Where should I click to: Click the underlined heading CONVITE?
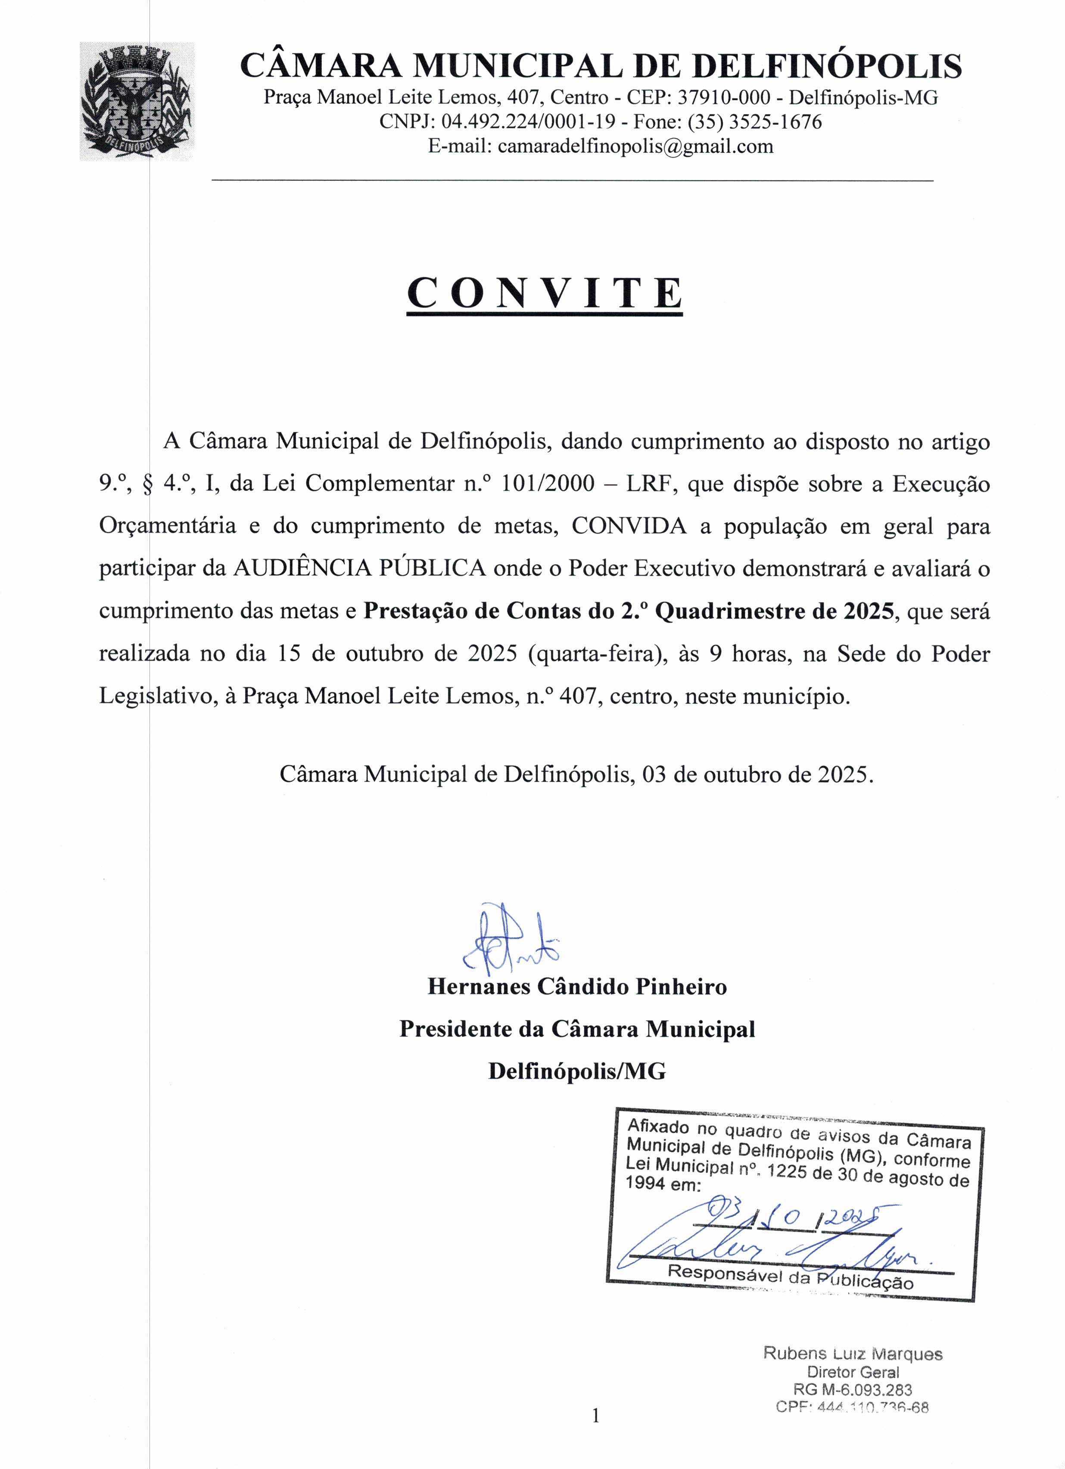tap(545, 293)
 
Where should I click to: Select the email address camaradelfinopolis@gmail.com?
tap(635, 146)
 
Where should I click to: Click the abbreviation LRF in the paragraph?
tap(651, 484)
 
